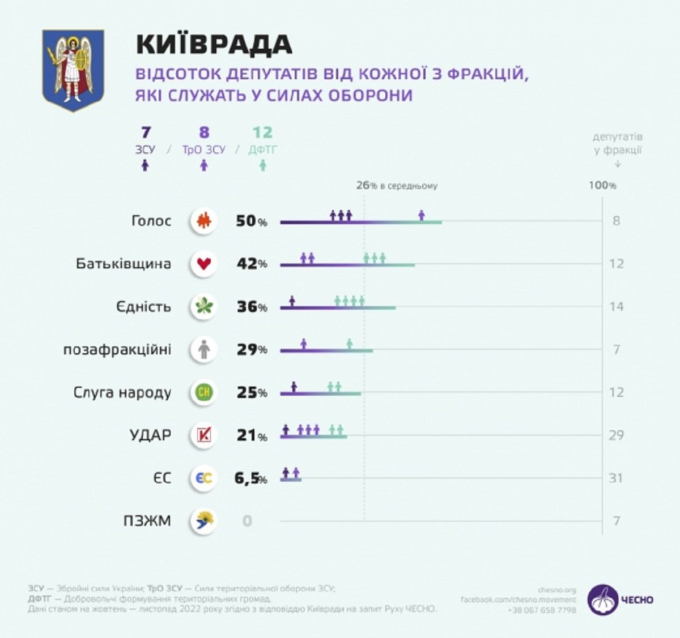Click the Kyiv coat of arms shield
(73, 70)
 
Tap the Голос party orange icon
(203, 221)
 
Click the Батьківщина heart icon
(203, 263)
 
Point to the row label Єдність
(143, 307)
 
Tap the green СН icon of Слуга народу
(203, 392)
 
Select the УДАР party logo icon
(203, 435)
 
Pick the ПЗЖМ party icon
(203, 521)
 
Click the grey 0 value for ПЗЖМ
(247, 521)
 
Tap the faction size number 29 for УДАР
(616, 435)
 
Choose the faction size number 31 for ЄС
(616, 478)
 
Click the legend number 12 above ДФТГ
(262, 132)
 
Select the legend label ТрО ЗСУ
(203, 150)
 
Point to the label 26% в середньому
(397, 186)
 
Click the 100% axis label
(602, 185)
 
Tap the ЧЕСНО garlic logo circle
(602, 600)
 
